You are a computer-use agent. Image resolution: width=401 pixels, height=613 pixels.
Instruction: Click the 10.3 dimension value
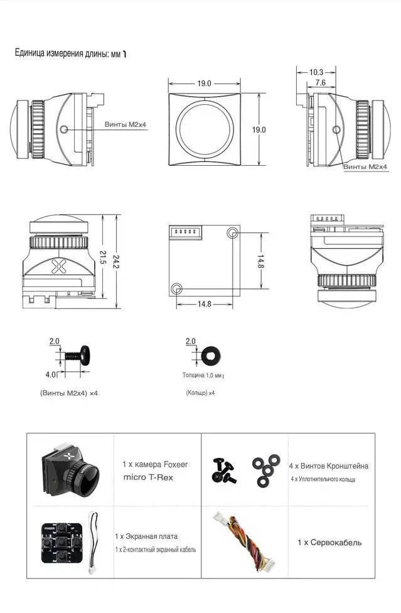click(316, 72)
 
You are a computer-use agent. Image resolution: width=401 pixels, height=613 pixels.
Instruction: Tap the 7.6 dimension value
click(320, 82)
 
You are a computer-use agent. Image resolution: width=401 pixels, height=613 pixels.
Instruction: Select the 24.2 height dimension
click(115, 261)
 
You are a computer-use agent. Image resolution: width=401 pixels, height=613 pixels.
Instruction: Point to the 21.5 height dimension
click(102, 257)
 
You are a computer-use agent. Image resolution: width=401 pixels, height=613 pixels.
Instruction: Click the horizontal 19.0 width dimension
click(204, 84)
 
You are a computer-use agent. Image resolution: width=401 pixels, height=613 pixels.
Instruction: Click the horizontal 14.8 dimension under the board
click(204, 304)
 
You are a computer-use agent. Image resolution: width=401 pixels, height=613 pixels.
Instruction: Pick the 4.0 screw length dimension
click(50, 374)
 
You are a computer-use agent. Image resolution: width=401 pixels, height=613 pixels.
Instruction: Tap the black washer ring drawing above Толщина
click(210, 355)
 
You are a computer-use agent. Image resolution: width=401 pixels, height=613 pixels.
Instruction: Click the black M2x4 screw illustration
click(77, 355)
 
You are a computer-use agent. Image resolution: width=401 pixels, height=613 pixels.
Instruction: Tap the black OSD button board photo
click(61, 543)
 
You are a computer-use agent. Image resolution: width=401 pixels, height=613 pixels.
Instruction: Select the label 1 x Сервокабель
click(329, 542)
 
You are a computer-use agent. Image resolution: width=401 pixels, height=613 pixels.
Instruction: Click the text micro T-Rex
click(148, 477)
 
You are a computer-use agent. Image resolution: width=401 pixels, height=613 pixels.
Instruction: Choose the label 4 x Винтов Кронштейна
click(328, 465)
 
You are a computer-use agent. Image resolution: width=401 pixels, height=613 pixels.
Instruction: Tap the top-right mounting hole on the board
click(232, 233)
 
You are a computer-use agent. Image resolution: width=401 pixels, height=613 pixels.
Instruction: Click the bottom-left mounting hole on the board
click(176, 288)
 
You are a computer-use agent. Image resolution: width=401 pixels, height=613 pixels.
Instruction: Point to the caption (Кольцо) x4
click(200, 393)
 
